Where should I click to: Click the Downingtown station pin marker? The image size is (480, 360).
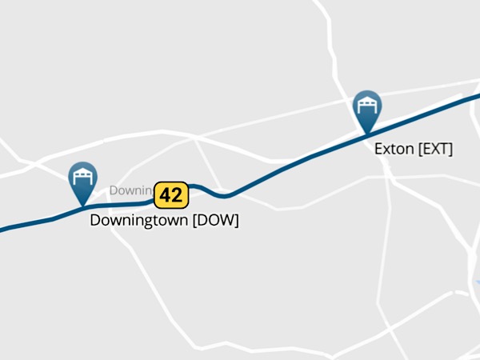point(82,181)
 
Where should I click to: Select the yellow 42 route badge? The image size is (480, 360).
point(170,194)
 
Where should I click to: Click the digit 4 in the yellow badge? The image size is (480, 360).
point(165,194)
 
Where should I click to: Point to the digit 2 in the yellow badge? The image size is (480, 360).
point(177,194)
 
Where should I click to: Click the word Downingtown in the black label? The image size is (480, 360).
point(138,220)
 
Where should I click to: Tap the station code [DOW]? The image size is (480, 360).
point(215,220)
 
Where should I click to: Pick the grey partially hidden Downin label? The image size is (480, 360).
point(130,190)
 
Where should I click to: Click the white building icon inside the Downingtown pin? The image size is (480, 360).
point(82,176)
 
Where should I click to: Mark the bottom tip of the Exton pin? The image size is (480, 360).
point(367,134)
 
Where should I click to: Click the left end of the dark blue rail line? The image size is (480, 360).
point(2,230)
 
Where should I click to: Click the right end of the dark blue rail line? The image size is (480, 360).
point(478,94)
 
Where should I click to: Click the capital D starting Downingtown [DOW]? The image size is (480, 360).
point(95,220)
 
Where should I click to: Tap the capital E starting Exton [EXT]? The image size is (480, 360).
point(379,149)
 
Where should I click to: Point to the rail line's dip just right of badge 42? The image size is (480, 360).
point(225,194)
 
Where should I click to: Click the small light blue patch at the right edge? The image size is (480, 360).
point(478,283)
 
